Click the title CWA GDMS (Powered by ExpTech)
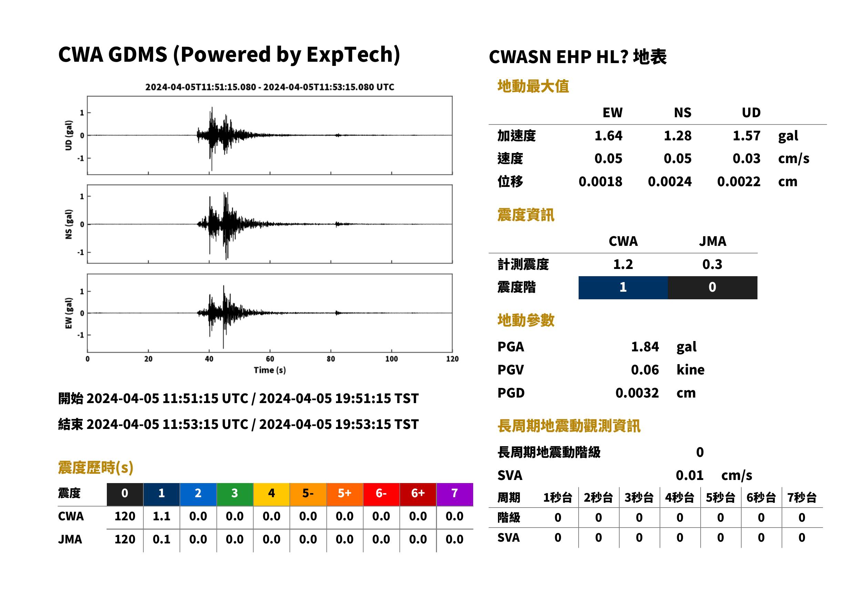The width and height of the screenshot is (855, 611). click(229, 55)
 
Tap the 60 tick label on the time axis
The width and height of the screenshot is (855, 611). click(270, 359)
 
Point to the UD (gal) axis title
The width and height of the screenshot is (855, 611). click(69, 136)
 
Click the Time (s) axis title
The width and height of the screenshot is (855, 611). click(269, 370)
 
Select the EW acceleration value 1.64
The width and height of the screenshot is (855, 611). click(608, 136)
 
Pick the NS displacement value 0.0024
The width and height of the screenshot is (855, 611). click(670, 182)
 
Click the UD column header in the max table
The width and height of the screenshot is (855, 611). click(751, 112)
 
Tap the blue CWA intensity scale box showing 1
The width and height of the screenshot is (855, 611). click(623, 288)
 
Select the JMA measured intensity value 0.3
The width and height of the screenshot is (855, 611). click(712, 264)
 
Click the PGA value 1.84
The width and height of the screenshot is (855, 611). click(645, 347)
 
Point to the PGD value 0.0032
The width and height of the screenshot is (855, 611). click(637, 393)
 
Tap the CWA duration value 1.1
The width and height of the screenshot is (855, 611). click(161, 517)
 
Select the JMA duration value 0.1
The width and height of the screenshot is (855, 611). click(161, 540)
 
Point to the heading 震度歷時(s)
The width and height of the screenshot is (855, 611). click(96, 468)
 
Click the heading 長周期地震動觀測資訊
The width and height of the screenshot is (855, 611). click(569, 426)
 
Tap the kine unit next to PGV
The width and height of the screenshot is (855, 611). click(690, 370)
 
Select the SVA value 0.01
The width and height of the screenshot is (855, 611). click(690, 475)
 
